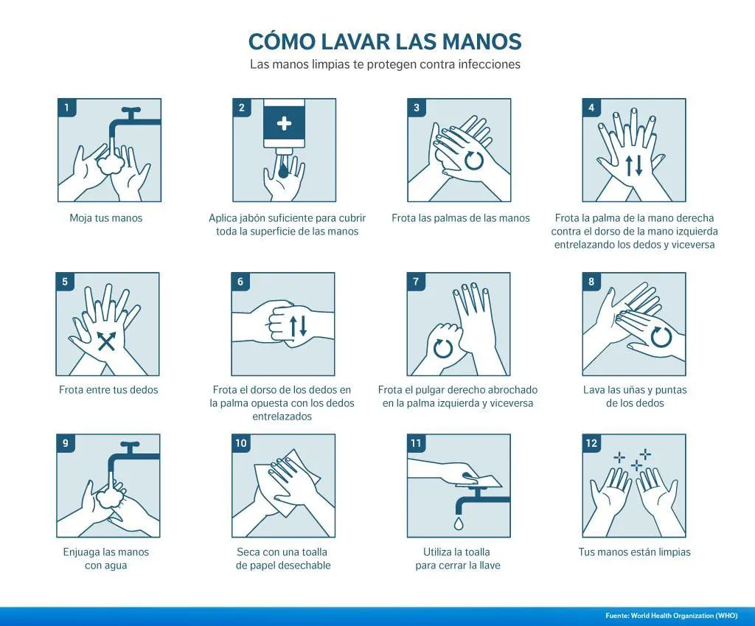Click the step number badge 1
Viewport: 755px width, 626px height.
(x=67, y=108)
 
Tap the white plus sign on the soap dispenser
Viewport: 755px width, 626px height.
(x=284, y=123)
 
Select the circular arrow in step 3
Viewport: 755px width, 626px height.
(x=474, y=160)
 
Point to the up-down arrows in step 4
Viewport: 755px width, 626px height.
(x=633, y=165)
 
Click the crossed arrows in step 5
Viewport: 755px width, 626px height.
(x=106, y=341)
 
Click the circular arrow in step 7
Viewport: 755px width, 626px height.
(x=443, y=348)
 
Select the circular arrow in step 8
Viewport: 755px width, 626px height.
(x=661, y=337)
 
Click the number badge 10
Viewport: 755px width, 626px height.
(x=241, y=443)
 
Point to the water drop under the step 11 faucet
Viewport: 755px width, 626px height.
(x=458, y=523)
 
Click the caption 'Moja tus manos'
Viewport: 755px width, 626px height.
(x=106, y=218)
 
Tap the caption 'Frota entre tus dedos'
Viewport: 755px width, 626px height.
(x=108, y=390)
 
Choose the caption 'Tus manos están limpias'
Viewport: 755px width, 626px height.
(x=634, y=552)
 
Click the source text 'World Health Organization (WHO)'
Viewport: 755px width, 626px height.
(x=684, y=616)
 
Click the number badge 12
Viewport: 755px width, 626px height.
(x=592, y=443)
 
